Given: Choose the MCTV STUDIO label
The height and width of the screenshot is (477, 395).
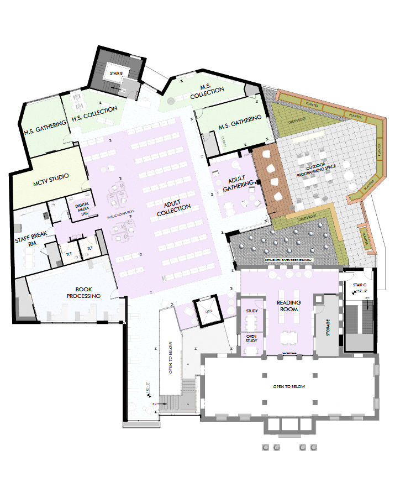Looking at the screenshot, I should (x=51, y=177).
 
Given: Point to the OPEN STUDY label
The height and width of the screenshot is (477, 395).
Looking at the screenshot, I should (x=251, y=338).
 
